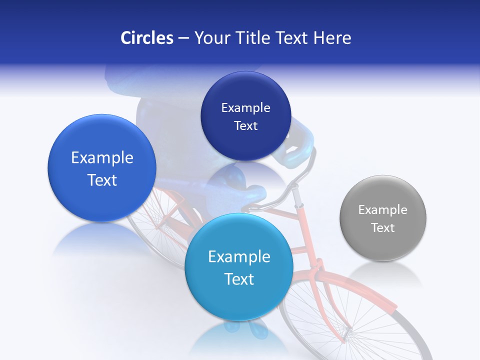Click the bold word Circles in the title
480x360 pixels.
tap(147, 38)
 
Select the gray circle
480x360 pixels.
tap(383, 218)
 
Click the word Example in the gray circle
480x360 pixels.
tap(383, 209)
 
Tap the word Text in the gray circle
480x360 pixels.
tap(383, 228)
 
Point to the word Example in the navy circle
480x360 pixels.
tap(245, 107)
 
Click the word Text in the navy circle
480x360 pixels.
tap(245, 126)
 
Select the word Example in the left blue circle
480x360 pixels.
tap(102, 158)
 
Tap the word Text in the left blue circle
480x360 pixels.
tap(102, 180)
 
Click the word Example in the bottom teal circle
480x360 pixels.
tap(239, 257)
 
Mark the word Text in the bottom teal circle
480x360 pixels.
tap(239, 279)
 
